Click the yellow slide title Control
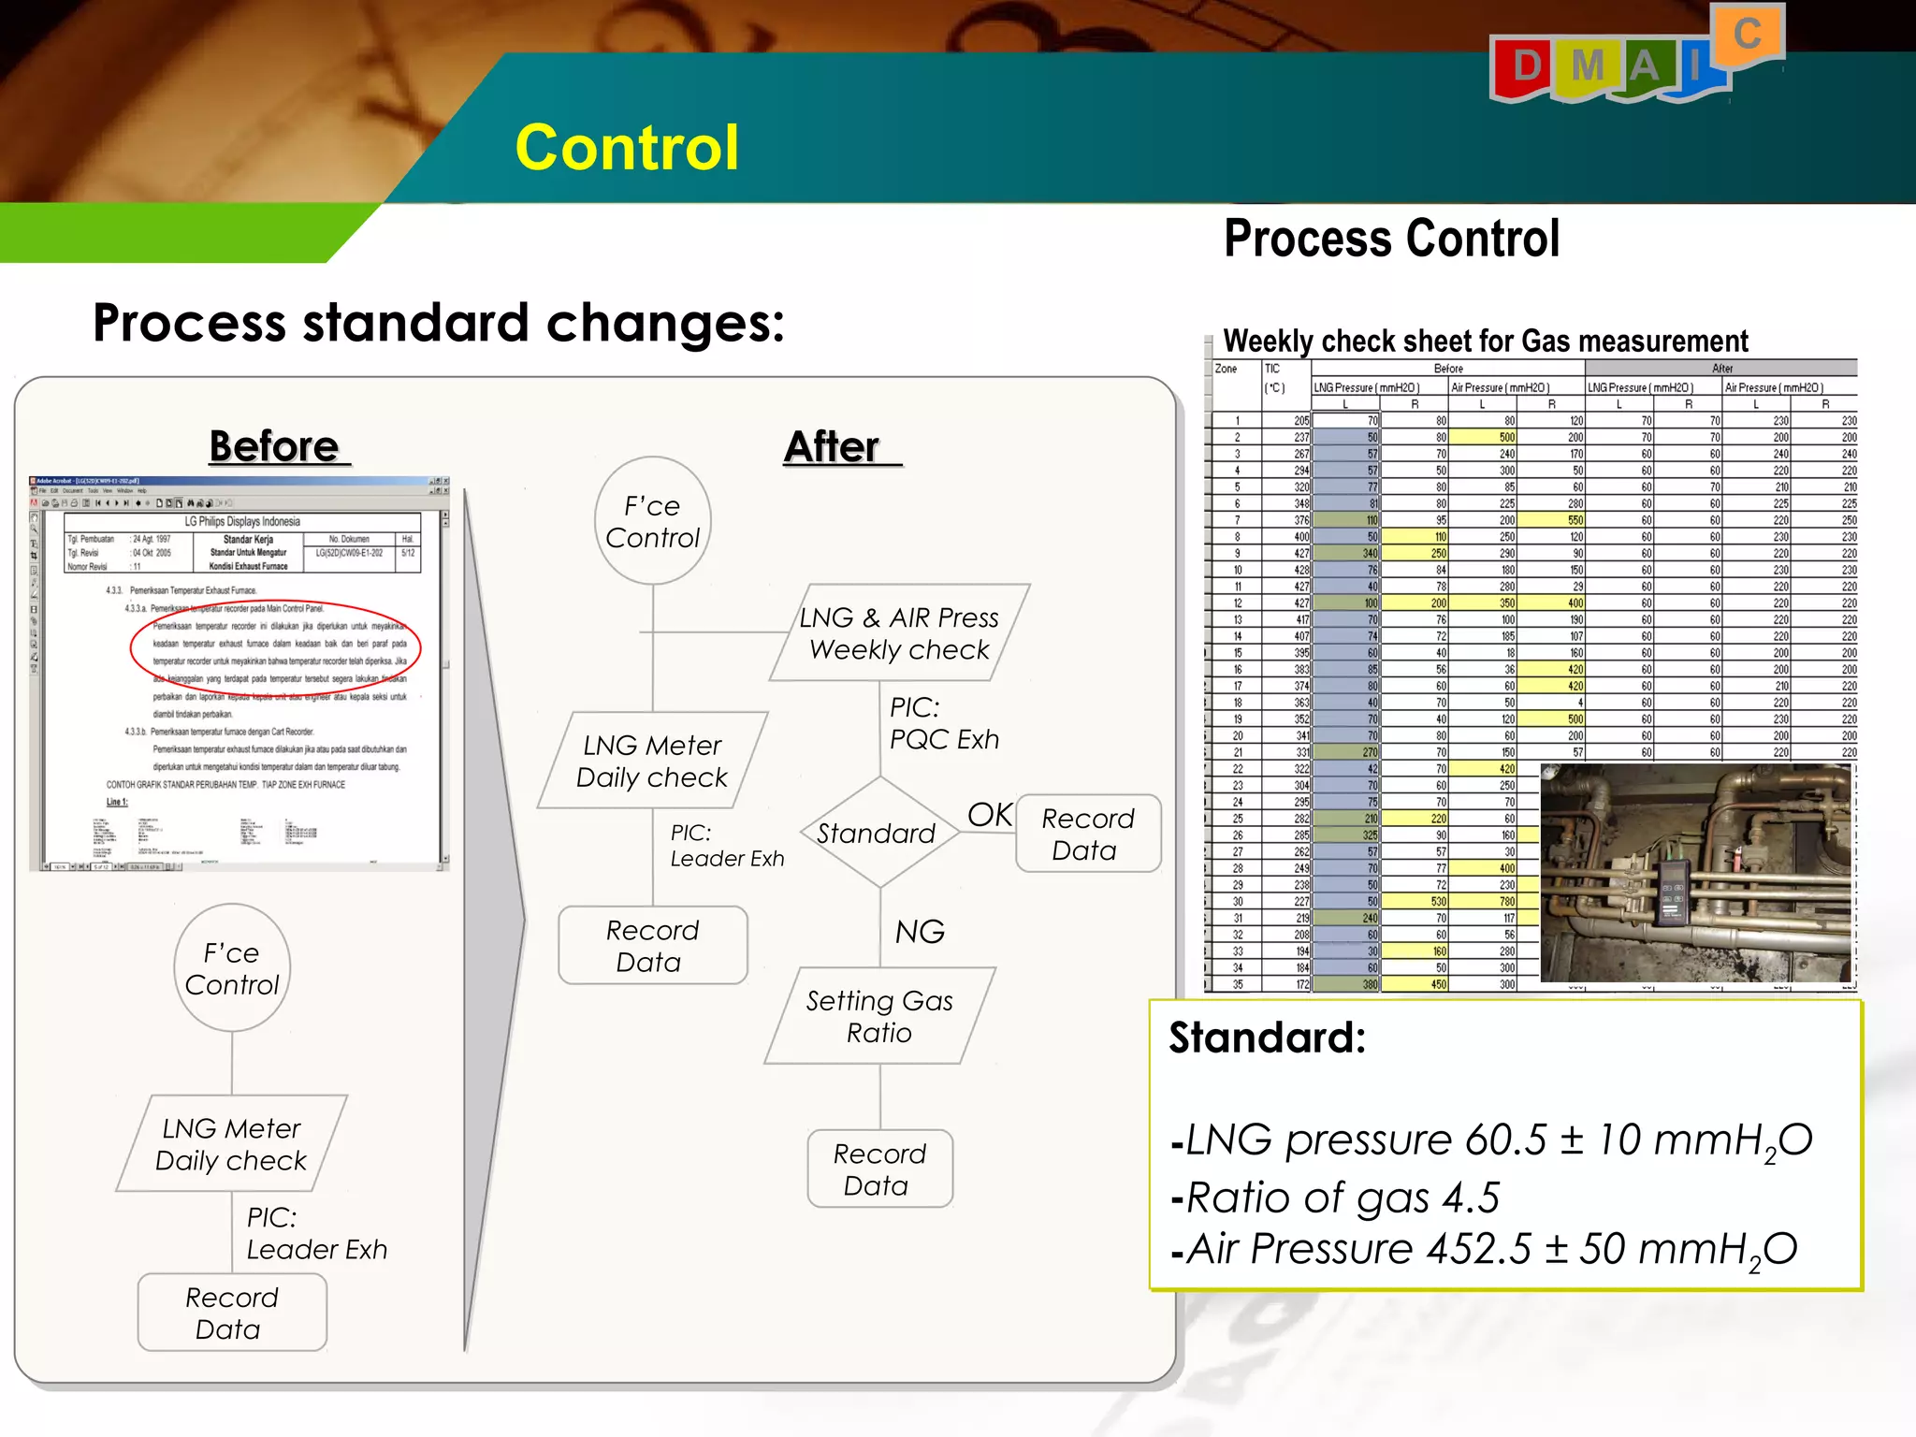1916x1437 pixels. (626, 148)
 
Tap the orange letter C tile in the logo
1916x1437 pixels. (1747, 36)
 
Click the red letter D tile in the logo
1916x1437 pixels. (1525, 67)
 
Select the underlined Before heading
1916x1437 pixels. (275, 446)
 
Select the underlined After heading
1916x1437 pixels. (833, 446)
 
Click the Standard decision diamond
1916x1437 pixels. (878, 833)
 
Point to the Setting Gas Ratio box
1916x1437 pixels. (879, 1016)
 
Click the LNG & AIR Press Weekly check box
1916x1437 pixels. (899, 633)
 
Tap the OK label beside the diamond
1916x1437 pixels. (989, 814)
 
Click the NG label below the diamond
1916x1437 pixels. (920, 931)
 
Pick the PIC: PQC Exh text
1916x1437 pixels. (943, 723)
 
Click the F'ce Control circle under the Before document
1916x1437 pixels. (232, 968)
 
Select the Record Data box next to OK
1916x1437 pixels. (1087, 834)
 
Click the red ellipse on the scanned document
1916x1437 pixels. (275, 647)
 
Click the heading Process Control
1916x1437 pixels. (1391, 239)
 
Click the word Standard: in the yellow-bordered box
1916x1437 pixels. (1267, 1038)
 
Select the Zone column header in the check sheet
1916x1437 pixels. (1226, 369)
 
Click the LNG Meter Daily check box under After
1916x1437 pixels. (652, 761)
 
